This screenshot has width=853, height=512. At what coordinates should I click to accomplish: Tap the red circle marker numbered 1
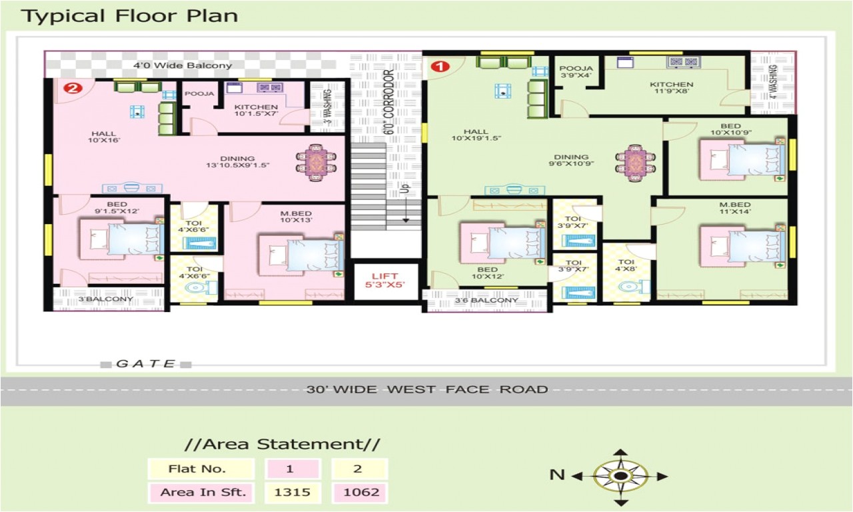click(439, 66)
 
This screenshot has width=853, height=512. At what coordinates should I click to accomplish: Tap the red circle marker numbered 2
click(73, 87)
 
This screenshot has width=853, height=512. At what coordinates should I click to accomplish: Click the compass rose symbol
click(620, 475)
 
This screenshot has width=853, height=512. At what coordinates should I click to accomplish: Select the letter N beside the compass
click(557, 475)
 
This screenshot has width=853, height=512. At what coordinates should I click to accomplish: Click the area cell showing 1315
click(289, 493)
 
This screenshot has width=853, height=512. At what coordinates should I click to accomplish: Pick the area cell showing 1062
click(358, 493)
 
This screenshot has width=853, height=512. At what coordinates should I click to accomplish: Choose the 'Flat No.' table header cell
click(201, 469)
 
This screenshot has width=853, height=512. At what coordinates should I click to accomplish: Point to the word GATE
click(145, 364)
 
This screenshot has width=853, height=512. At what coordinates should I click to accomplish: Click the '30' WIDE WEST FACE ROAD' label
click(426, 389)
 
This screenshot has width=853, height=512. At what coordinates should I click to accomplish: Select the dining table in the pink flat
click(317, 162)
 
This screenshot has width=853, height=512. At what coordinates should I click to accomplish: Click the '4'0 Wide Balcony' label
click(182, 65)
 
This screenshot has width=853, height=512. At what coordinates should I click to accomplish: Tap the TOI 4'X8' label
click(626, 266)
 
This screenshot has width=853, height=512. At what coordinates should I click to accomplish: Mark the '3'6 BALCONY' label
click(486, 300)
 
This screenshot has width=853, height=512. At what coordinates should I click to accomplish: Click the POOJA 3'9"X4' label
click(575, 72)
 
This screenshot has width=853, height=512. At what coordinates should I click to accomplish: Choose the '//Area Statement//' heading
click(282, 444)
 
